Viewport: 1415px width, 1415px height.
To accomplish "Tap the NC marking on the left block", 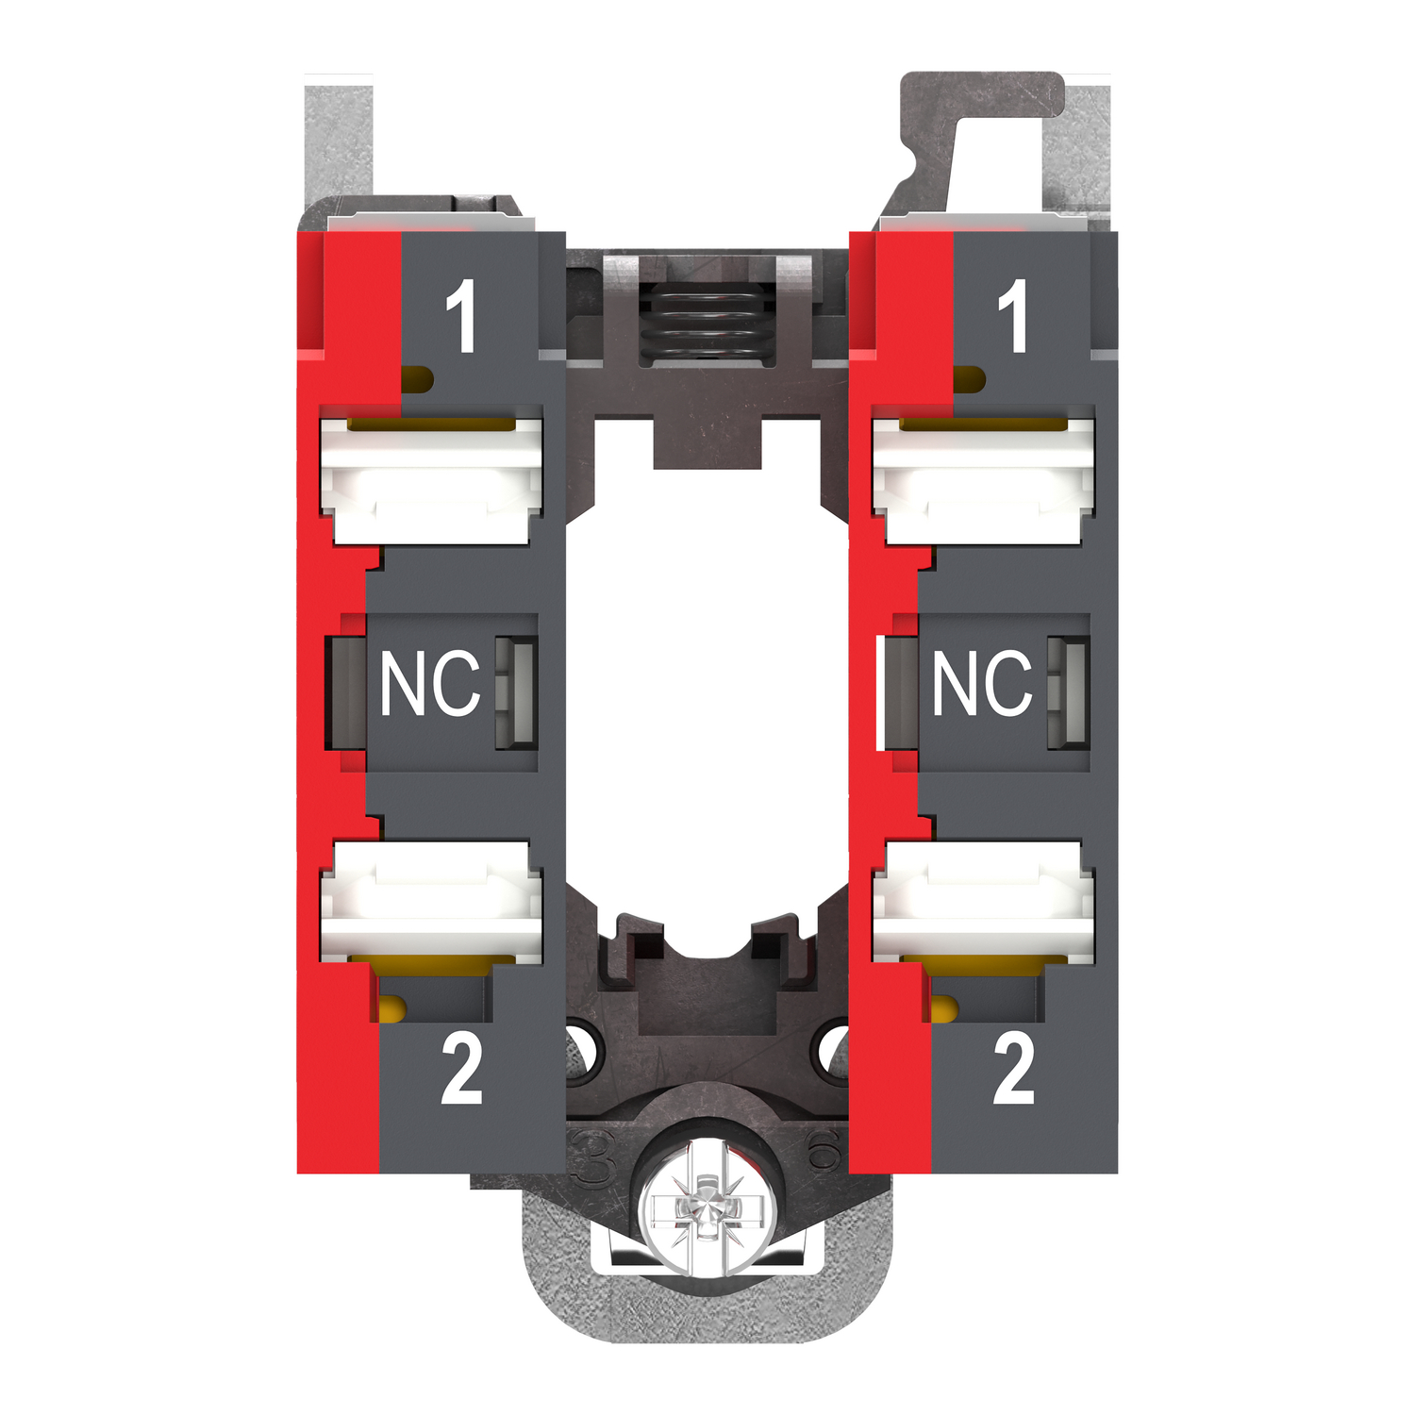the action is click(x=430, y=683).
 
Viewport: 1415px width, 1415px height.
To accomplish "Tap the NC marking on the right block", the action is click(x=983, y=683).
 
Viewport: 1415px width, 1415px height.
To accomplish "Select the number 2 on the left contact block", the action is click(x=461, y=1069).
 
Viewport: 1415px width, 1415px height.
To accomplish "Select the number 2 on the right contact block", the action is click(x=1014, y=1069).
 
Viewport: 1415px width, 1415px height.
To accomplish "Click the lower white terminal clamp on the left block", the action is click(x=432, y=901).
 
